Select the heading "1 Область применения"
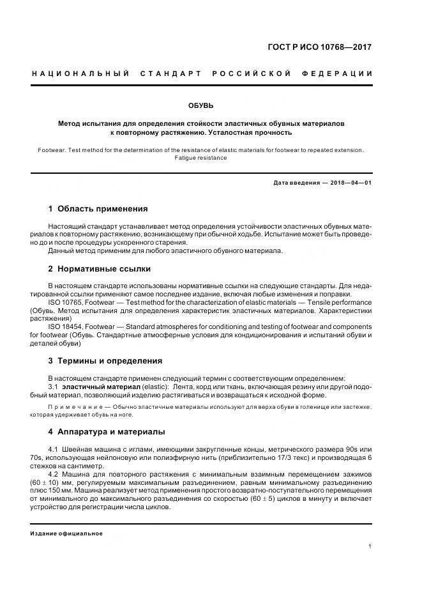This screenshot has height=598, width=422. click(98, 209)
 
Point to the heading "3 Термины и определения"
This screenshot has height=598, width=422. click(105, 360)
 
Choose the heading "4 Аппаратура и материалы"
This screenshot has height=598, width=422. click(107, 431)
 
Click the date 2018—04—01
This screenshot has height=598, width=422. click(350, 183)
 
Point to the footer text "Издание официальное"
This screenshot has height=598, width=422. click(66, 533)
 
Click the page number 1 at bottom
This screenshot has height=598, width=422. click(370, 546)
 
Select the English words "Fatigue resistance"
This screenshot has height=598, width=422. click(200, 158)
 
